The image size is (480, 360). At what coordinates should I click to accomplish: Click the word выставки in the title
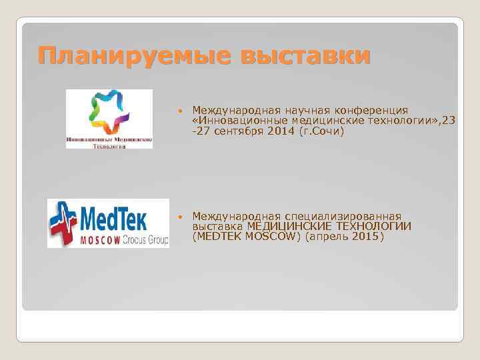point(307,55)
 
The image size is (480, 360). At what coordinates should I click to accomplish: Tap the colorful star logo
point(109,112)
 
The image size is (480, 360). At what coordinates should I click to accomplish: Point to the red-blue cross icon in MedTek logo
point(65,223)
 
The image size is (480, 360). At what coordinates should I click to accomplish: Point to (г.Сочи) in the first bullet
point(323,131)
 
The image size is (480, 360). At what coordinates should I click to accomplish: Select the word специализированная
point(343,217)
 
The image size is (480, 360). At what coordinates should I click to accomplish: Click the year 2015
point(349,237)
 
